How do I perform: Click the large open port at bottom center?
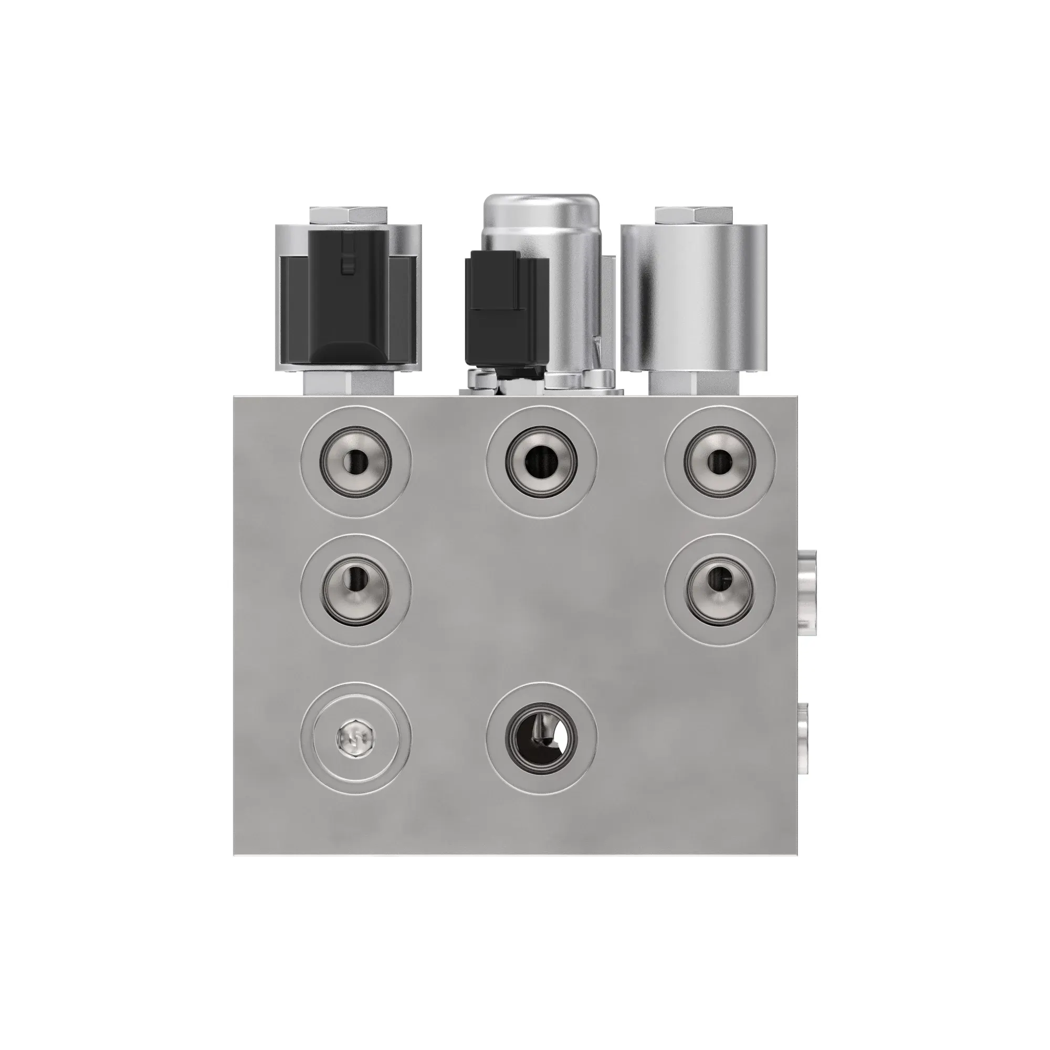[x=541, y=738]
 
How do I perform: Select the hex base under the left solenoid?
[x=349, y=384]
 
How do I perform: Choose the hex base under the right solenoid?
[x=695, y=384]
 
